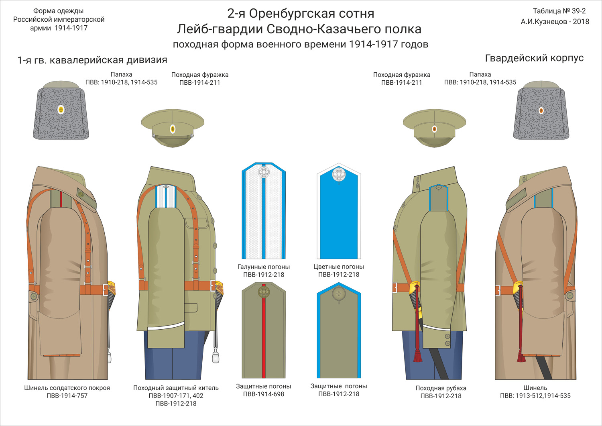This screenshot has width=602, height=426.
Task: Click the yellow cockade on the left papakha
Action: [61, 110]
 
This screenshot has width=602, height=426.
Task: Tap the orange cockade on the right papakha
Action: [541, 110]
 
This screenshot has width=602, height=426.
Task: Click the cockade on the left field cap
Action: [173, 129]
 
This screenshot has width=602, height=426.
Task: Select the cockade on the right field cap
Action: [434, 129]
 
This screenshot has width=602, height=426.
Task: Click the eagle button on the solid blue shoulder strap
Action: [339, 174]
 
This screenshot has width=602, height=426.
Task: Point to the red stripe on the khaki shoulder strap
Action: [264, 331]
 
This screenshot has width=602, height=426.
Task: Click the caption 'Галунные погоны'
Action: [263, 267]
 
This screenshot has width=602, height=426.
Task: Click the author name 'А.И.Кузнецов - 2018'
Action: [555, 22]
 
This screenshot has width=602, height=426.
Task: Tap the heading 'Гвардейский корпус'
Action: [534, 58]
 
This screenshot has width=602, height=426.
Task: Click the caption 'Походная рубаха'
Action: [441, 388]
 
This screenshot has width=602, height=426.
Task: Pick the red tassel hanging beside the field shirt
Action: [417, 355]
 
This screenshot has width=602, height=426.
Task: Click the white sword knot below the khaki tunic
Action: [216, 358]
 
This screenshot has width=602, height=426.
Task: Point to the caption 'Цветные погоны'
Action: [339, 267]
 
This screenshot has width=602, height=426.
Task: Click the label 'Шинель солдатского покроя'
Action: [67, 388]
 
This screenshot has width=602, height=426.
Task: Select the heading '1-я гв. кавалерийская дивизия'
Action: [92, 60]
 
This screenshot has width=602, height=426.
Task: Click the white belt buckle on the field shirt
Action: [395, 287]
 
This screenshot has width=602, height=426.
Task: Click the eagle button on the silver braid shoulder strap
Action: [264, 172]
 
